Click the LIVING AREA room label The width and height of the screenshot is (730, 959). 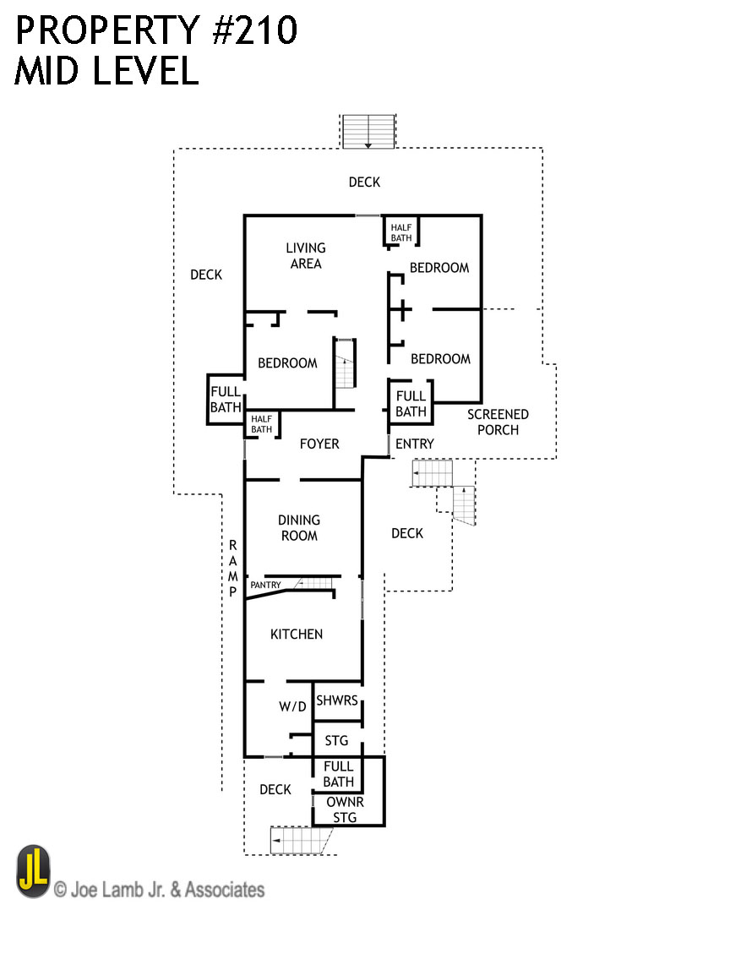[305, 255]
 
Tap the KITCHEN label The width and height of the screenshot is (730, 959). [297, 634]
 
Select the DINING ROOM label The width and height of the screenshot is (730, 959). [298, 528]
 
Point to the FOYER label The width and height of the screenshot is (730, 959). [319, 444]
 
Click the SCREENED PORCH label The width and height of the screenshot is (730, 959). [498, 422]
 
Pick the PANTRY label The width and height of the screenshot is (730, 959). [265, 585]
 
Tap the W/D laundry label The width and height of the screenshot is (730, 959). [292, 706]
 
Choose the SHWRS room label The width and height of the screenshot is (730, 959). [337, 700]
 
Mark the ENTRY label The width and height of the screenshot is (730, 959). [414, 444]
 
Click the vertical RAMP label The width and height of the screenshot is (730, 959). [232, 569]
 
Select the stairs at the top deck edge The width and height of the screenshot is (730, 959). [368, 132]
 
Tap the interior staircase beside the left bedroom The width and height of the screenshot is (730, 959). [345, 364]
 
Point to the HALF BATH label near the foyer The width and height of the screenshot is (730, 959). [262, 423]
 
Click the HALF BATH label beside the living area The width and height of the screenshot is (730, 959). [401, 232]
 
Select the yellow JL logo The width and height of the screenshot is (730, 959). [33, 872]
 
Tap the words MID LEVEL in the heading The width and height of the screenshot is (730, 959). [106, 72]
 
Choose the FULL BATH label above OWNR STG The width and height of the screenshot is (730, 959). [338, 774]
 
